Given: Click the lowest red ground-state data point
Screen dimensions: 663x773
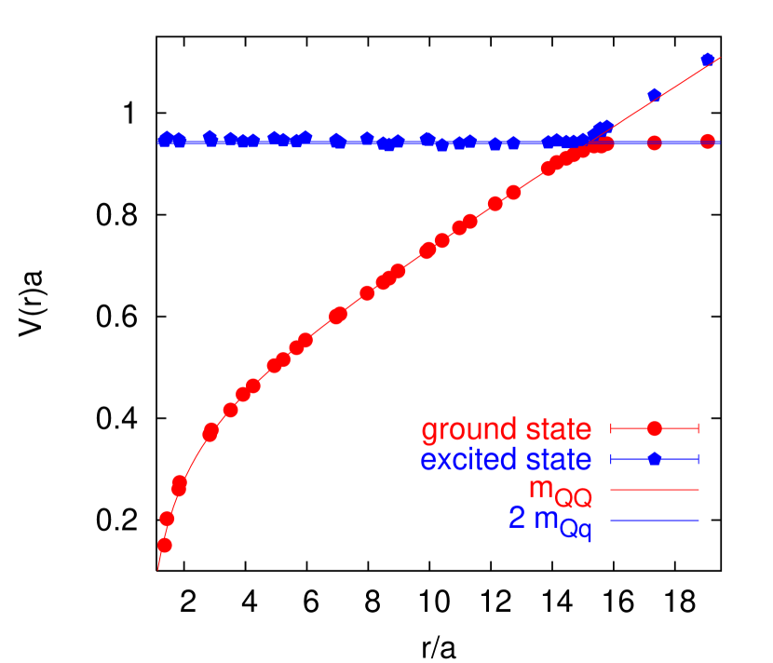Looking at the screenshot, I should point(165,545).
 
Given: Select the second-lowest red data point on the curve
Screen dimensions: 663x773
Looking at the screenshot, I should point(168,519).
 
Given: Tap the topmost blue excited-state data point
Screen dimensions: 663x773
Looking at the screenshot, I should point(708,60).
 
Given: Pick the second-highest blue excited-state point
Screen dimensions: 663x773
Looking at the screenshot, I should point(655,94).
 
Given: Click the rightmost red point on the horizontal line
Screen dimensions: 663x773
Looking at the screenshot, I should point(708,142).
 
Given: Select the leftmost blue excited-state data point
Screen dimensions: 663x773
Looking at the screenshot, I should point(164,142).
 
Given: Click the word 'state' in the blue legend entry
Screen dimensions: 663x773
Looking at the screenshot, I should point(556,460).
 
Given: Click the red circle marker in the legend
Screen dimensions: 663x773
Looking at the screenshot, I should point(655,428).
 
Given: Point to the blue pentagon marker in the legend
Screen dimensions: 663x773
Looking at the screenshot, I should point(655,459).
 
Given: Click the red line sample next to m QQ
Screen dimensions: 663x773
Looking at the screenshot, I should point(655,489).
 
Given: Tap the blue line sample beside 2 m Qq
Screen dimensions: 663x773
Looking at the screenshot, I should point(655,520).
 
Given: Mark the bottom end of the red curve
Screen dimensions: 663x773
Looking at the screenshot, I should point(157,568).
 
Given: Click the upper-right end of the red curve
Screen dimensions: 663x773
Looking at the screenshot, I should point(720,57).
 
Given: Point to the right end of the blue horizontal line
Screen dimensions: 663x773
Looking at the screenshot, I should point(720,142).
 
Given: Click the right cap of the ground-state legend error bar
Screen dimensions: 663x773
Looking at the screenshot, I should point(698,428).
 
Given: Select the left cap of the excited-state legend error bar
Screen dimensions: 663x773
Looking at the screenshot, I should point(611,459).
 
